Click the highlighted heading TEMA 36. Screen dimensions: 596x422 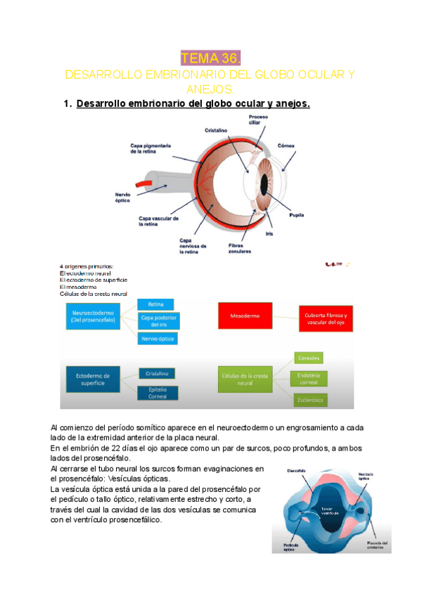pos(211,58)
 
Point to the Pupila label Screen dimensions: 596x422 pos(297,216)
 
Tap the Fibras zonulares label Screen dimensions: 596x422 pos(241,248)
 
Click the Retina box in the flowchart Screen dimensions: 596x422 pos(156,304)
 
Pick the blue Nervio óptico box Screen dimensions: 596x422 pos(157,339)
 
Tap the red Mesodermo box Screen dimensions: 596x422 pos(245,316)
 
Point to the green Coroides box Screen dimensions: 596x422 pos(309,357)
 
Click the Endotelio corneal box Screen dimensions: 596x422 pos(309,378)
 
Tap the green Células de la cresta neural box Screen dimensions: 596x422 pos(245,380)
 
